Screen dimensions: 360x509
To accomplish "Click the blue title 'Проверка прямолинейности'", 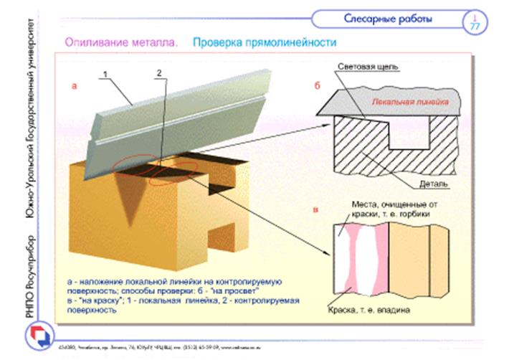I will [265, 43].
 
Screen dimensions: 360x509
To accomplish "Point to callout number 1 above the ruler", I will [105, 75].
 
